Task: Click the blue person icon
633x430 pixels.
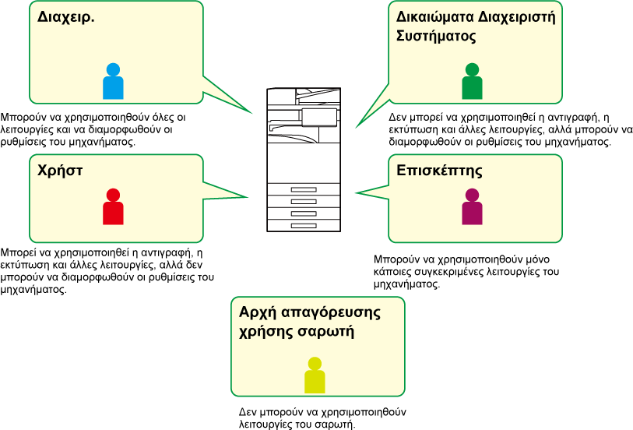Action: (113, 82)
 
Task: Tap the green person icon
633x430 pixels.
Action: (471, 82)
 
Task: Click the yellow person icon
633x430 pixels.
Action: (315, 375)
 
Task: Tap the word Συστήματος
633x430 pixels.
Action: (436, 36)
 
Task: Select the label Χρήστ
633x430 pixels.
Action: (60, 169)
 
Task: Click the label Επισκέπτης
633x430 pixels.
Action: (439, 170)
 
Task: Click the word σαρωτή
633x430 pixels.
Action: (329, 331)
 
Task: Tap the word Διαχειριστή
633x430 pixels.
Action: (518, 17)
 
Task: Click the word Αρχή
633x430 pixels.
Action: (258, 312)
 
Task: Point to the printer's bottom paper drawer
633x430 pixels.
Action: (304, 225)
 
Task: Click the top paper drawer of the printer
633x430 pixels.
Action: (304, 189)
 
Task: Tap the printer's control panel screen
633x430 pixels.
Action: (319, 117)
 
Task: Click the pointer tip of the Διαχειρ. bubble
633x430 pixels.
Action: (253, 114)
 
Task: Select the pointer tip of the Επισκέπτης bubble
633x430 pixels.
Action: (356, 192)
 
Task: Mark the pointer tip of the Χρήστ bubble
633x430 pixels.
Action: (248, 197)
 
